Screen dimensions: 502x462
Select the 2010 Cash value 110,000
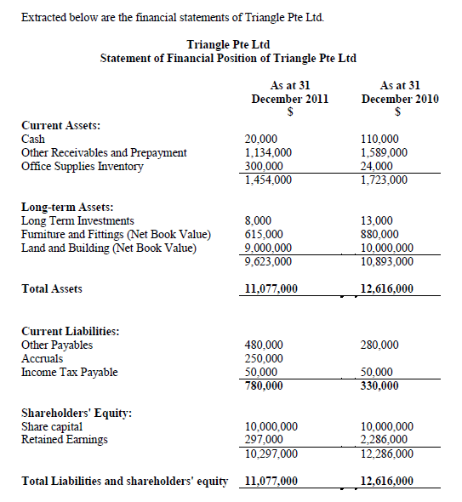point(380,140)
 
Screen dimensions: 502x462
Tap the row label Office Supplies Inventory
point(83,167)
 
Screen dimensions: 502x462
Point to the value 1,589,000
point(384,153)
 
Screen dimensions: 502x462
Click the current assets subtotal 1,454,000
point(268,180)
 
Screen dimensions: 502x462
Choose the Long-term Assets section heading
point(67,207)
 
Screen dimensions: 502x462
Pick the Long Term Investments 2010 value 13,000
point(377,220)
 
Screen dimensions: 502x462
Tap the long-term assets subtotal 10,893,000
point(387,261)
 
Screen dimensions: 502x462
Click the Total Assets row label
point(52,289)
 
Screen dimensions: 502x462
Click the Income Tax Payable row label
point(70,372)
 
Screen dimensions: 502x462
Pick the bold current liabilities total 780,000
point(264,385)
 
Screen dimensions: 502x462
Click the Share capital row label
point(52,426)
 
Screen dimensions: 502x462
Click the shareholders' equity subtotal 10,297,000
point(271,454)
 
